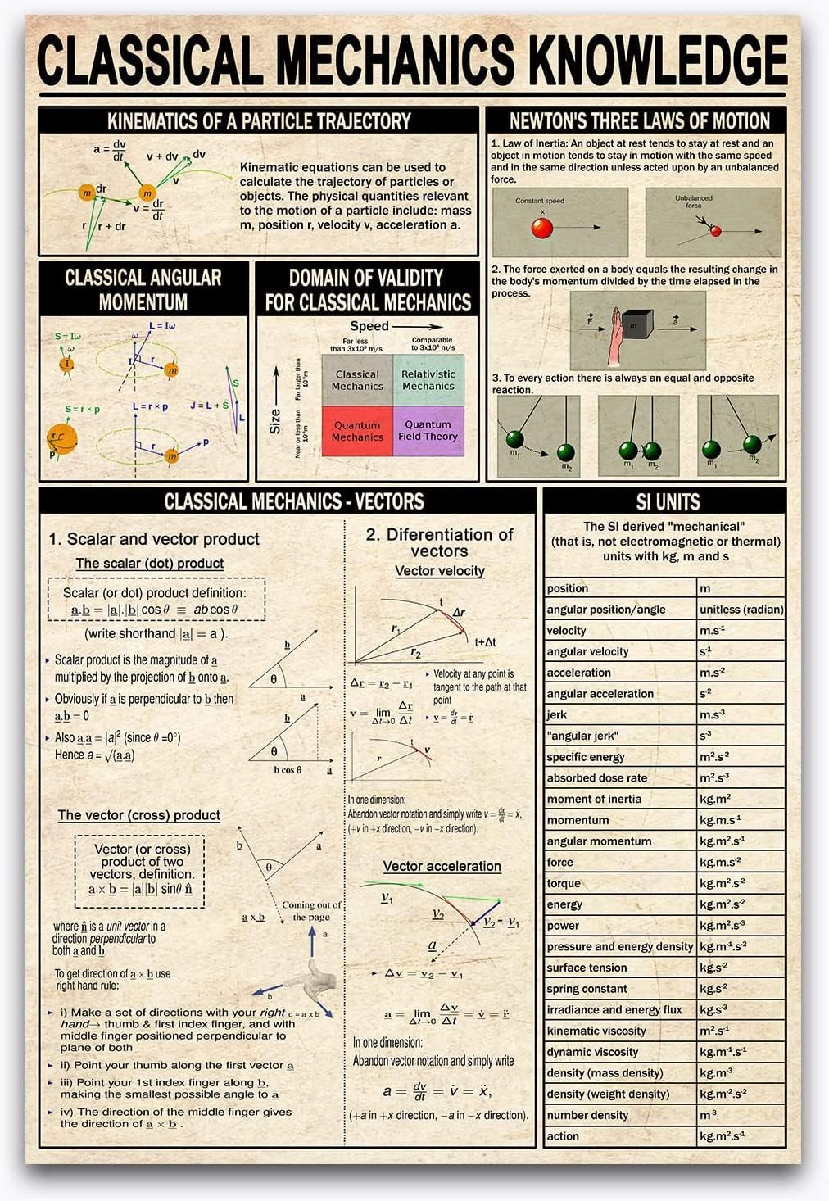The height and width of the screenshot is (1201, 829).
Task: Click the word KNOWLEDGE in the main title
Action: point(655,61)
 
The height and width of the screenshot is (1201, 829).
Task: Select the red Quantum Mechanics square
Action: point(357,431)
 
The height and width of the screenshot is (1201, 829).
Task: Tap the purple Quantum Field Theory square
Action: point(428,431)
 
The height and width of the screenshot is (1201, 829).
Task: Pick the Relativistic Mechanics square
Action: point(428,380)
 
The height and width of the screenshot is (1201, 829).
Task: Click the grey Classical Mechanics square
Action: point(357,380)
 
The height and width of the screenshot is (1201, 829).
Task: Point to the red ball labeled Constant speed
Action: point(541,228)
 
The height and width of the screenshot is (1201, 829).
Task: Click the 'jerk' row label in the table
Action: point(557,715)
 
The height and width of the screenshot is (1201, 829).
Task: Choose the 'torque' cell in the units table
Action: point(564,884)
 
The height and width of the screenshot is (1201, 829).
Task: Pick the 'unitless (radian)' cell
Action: point(741,610)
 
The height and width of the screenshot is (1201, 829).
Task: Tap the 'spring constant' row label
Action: point(587,989)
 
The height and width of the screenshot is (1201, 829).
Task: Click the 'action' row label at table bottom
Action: point(563,1136)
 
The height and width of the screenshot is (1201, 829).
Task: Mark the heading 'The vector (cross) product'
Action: point(138,815)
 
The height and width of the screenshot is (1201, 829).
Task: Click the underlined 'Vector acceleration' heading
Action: point(442,866)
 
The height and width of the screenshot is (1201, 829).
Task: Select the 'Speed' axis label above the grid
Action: point(369,326)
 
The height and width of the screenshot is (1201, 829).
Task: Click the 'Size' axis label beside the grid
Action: point(276,421)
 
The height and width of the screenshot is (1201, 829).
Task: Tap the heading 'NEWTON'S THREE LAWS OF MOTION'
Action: point(639,121)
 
